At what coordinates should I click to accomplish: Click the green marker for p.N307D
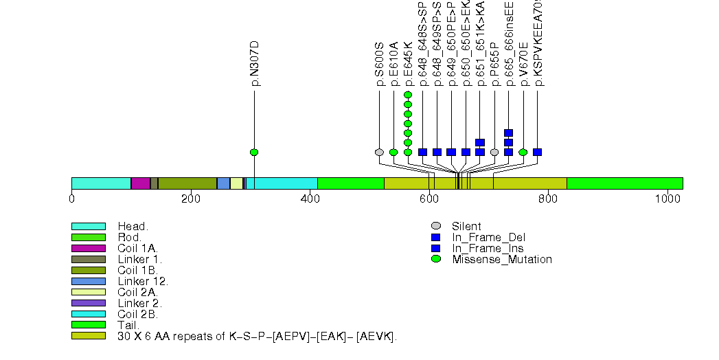pyautogui.click(x=254, y=152)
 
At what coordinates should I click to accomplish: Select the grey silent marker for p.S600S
pyautogui.click(x=379, y=152)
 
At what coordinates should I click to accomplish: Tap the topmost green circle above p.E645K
pyautogui.click(x=408, y=95)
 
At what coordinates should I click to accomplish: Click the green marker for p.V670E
pyautogui.click(x=523, y=152)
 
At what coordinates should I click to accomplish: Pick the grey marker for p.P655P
pyautogui.click(x=494, y=152)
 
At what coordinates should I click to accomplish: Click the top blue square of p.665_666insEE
pyautogui.click(x=508, y=133)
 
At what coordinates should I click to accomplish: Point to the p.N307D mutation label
pyautogui.click(x=255, y=63)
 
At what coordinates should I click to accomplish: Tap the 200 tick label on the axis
pyautogui.click(x=190, y=199)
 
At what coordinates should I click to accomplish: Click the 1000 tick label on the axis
pyautogui.click(x=667, y=199)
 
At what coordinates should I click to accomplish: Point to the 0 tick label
pyautogui.click(x=71, y=199)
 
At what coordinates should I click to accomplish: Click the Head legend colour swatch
pyautogui.click(x=88, y=226)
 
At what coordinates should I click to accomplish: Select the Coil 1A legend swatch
pyautogui.click(x=88, y=248)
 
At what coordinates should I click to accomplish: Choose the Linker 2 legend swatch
pyautogui.click(x=88, y=303)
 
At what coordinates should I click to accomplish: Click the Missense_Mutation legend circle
pyautogui.click(x=436, y=259)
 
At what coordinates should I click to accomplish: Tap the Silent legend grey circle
pyautogui.click(x=436, y=226)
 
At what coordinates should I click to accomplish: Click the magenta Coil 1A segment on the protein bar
pyautogui.click(x=140, y=183)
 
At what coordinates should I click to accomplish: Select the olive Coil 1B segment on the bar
pyautogui.click(x=187, y=183)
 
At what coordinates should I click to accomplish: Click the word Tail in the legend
pyautogui.click(x=127, y=325)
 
